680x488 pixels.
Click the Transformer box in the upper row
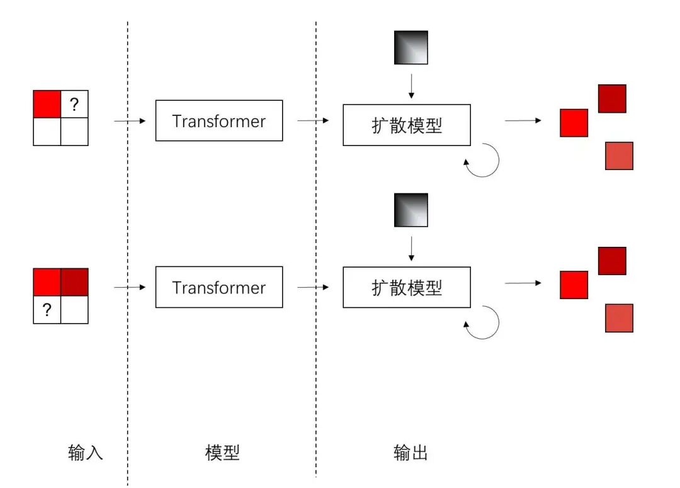tap(218, 120)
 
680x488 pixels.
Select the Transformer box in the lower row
tap(218, 287)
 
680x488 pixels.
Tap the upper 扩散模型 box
tap(407, 125)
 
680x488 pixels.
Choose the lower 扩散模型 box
tap(407, 287)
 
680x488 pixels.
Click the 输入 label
tap(85, 453)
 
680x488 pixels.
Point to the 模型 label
tap(222, 453)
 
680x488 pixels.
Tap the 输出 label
tap(411, 453)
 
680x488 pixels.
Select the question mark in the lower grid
tap(47, 309)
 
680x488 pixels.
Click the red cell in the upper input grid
tap(47, 104)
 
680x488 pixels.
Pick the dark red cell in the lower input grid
tap(74, 282)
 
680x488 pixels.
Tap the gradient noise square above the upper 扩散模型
tap(411, 47)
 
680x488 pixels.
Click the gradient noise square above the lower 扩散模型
tap(411, 210)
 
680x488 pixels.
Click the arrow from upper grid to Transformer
tap(130, 120)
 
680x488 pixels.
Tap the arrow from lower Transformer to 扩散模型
tap(313, 287)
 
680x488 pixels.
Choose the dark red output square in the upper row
tap(611, 98)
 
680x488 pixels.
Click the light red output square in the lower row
tap(618, 318)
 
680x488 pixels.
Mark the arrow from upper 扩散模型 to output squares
tap(523, 120)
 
